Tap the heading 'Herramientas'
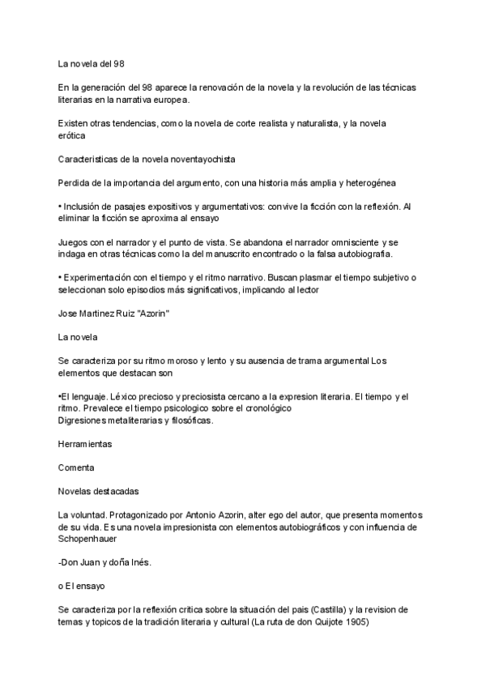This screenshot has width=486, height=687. [85, 445]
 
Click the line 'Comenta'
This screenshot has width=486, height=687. [76, 468]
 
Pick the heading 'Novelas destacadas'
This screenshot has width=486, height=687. [99, 492]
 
